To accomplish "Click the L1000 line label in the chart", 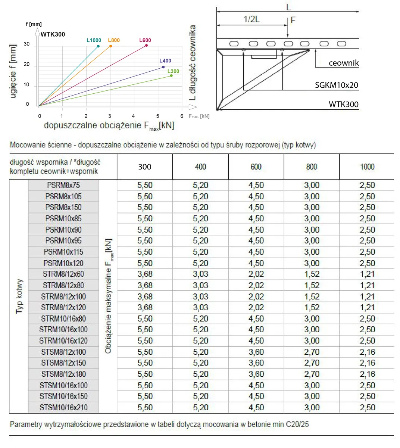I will [x=94, y=40].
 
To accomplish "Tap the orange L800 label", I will [x=114, y=40].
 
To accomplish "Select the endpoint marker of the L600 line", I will [x=146, y=46].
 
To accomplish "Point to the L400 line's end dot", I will [x=163, y=67].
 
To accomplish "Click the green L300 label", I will [x=173, y=71].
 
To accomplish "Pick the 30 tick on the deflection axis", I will [x=27, y=44].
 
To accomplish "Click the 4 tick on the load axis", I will [x=133, y=116].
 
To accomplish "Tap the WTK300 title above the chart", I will [x=53, y=34].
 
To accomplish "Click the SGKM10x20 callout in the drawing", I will [x=336, y=85].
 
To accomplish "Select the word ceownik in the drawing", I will [x=343, y=63].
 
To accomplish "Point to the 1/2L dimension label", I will [x=251, y=19].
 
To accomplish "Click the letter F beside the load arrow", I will [x=293, y=20].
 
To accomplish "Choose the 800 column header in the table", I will [x=312, y=167].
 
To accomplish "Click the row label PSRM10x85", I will [x=63, y=219].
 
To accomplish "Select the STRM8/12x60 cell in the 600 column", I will [x=256, y=274].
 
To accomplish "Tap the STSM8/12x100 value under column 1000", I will [x=367, y=352].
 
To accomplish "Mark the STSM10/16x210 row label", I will [x=63, y=408].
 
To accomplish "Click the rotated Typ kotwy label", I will [x=19, y=296].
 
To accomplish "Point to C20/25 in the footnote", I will [x=297, y=424].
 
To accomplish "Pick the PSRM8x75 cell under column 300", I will [x=145, y=185].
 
